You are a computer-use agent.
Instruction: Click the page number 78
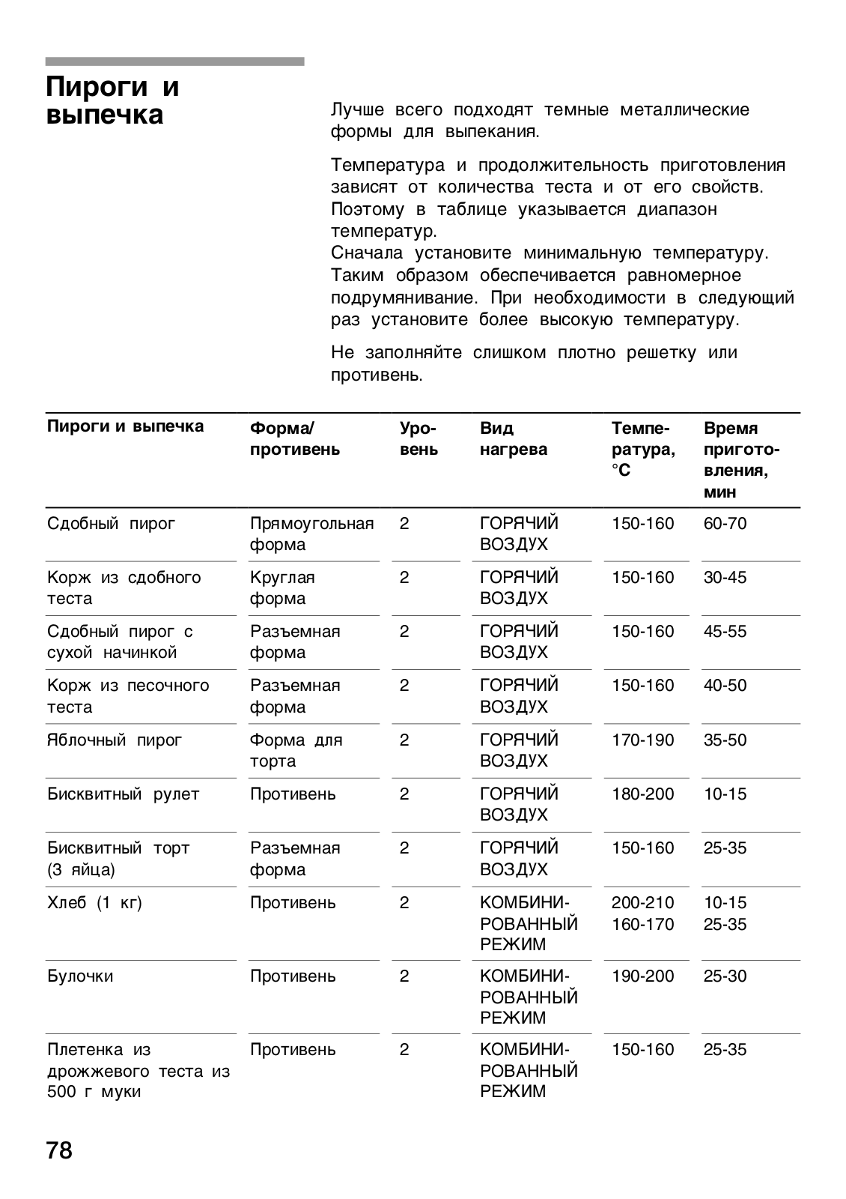point(60,1150)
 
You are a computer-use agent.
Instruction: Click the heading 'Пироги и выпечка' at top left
point(112,101)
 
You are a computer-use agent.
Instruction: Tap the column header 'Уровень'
point(419,439)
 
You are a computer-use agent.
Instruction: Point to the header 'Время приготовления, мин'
point(740,460)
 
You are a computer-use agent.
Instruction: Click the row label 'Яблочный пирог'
point(115,740)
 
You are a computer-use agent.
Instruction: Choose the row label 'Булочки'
point(80,976)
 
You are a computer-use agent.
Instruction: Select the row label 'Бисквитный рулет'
point(124,794)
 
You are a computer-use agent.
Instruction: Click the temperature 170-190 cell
point(642,740)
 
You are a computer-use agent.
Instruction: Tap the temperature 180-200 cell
point(642,794)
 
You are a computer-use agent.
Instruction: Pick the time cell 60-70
point(725,524)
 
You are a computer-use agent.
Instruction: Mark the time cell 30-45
point(725,578)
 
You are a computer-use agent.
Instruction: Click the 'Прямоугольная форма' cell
point(311,534)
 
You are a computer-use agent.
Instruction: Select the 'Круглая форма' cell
point(282,588)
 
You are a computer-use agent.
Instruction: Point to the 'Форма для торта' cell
point(296,751)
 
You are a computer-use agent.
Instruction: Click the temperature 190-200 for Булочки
point(642,976)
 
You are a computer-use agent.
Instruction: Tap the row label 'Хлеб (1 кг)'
point(94,903)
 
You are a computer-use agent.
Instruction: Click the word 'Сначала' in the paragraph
point(367,253)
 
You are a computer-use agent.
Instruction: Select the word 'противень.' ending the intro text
point(377,375)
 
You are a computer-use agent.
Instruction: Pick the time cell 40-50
point(725,686)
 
